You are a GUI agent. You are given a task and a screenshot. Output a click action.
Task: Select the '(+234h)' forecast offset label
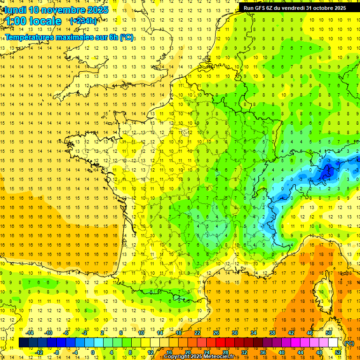click(83, 21)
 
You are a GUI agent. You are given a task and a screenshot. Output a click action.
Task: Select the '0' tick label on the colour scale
click(92, 352)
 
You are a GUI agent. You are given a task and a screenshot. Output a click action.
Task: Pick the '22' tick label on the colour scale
click(197, 332)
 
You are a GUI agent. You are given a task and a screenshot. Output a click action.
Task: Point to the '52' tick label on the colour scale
click(338, 352)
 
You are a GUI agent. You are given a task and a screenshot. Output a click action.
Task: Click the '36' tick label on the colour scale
click(262, 352)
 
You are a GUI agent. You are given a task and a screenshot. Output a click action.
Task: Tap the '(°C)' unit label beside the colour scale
click(349, 343)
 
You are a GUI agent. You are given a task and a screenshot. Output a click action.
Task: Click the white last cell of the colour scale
click(333, 343)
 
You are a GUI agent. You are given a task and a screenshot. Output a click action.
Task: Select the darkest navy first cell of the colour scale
click(23, 343)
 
